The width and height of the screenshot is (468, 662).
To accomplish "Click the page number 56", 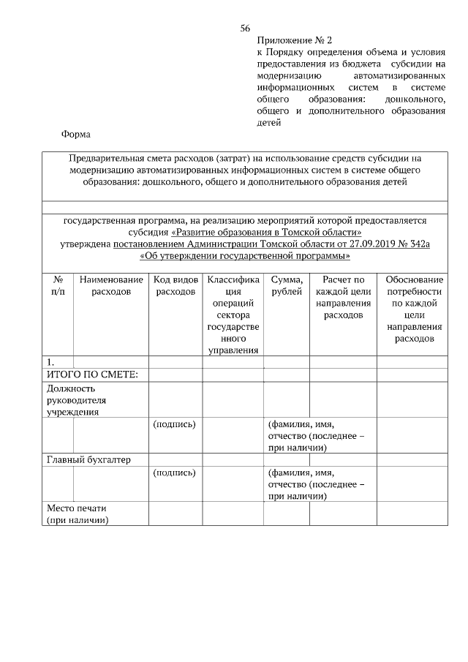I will [x=245, y=29].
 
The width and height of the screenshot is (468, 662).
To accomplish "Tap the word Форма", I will [x=76, y=135].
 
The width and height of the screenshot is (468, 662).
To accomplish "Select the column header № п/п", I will [x=58, y=285].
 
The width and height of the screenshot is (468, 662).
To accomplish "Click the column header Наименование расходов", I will [x=111, y=285].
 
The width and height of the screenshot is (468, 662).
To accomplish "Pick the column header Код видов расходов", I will [x=175, y=285].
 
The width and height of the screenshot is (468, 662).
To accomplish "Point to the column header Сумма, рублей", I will [x=287, y=285].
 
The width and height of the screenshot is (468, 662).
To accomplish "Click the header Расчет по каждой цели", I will [x=343, y=297].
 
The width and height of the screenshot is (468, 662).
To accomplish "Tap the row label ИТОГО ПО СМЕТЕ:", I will [x=87, y=375].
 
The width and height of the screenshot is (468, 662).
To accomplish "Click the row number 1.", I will [x=50, y=362].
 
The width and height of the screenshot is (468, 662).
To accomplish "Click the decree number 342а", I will [x=414, y=244].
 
